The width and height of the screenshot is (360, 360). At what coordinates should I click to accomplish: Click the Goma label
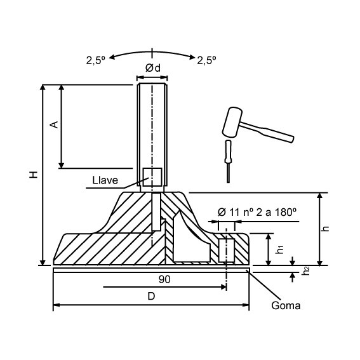click(x=285, y=305)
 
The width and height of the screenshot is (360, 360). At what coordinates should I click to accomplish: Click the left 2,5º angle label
click(x=97, y=60)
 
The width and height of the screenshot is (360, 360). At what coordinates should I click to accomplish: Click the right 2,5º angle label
click(x=207, y=60)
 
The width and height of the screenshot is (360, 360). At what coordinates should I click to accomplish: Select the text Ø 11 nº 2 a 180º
click(x=257, y=212)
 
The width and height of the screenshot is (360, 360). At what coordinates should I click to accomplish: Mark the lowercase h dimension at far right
click(x=326, y=229)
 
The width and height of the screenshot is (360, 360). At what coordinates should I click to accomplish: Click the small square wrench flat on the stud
click(x=152, y=177)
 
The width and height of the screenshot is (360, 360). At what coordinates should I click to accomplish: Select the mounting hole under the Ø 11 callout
click(x=226, y=249)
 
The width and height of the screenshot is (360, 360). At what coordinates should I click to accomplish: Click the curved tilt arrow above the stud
click(x=152, y=50)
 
